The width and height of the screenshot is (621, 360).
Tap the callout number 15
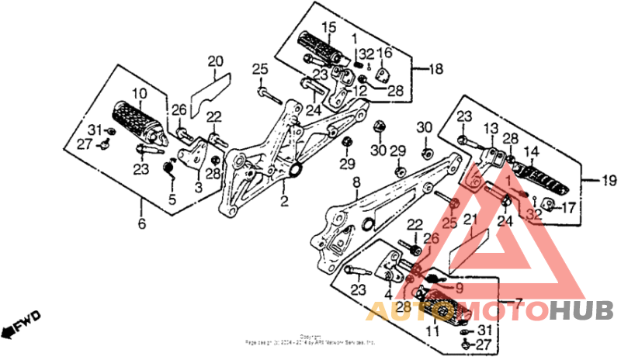[328, 28]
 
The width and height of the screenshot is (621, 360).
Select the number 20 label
[215, 61]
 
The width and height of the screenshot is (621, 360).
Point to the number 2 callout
[284, 202]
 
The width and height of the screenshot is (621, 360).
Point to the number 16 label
[385, 52]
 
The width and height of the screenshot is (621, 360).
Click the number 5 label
[172, 199]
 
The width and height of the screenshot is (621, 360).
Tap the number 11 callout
[432, 331]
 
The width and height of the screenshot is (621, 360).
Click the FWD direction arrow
[21, 325]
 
